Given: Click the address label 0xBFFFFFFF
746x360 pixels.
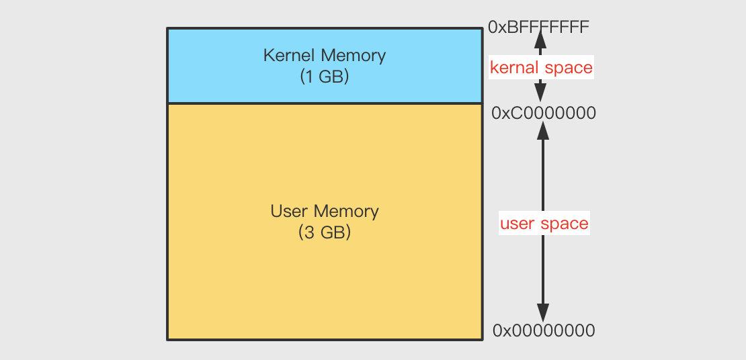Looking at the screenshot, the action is click(x=538, y=27).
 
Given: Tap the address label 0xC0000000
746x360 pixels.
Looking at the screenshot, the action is click(x=543, y=114).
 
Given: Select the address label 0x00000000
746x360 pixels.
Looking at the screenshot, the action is click(x=543, y=330).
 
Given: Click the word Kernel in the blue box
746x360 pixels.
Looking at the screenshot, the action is click(x=289, y=56).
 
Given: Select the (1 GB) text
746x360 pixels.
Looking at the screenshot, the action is click(x=325, y=77).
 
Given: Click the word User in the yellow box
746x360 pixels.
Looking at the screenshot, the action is click(x=288, y=211).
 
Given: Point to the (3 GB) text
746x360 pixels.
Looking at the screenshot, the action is click(x=325, y=232).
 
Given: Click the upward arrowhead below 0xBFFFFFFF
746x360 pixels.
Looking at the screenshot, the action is click(x=540, y=40).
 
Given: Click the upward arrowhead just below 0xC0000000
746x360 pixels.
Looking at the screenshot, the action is click(x=543, y=130).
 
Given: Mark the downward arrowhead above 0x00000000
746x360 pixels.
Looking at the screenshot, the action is click(x=543, y=313).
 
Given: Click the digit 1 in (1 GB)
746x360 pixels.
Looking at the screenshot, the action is click(x=308, y=77).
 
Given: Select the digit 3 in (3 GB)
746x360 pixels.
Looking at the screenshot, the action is click(x=308, y=232).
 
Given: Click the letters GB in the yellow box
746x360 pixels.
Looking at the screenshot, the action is click(x=332, y=232).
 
